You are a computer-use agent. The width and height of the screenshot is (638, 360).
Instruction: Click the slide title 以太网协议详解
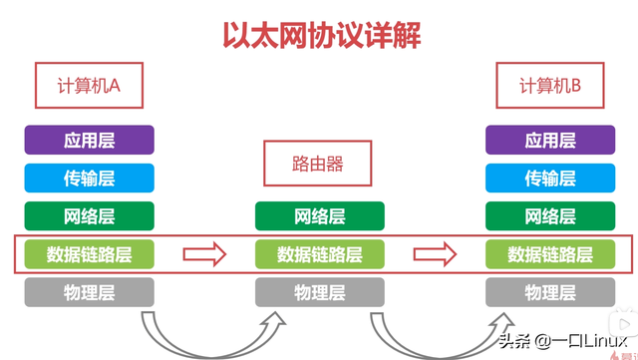click(x=319, y=34)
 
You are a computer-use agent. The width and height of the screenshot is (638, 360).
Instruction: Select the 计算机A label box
click(x=90, y=87)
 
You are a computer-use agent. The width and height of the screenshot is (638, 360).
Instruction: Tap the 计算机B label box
click(x=549, y=87)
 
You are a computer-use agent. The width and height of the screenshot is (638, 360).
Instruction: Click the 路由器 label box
click(x=318, y=163)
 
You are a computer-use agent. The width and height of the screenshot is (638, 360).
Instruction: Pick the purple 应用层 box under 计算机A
click(x=90, y=140)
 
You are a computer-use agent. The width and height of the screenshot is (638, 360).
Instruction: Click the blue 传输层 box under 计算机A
click(x=90, y=178)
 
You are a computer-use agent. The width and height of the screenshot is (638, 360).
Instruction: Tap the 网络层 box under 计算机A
click(x=90, y=215)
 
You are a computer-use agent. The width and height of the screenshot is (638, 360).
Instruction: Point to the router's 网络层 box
click(x=319, y=215)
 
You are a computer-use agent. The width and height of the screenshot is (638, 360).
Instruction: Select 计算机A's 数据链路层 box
click(x=90, y=254)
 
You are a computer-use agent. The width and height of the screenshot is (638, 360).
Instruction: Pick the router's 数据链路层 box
click(x=319, y=254)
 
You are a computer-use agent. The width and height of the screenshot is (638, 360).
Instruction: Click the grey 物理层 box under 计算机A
click(x=90, y=292)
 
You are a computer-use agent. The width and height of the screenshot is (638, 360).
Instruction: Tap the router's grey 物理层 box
click(x=319, y=292)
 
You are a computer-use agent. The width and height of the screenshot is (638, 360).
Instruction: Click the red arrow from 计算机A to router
click(x=204, y=254)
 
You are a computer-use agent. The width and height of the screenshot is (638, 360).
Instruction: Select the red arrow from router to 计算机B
click(x=435, y=254)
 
